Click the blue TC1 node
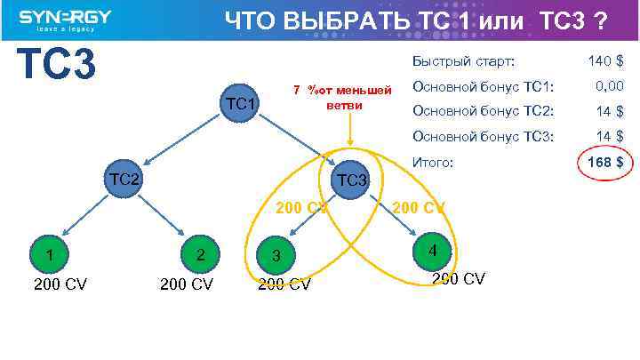(240, 105)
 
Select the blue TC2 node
(124, 180)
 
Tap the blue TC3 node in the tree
(349, 181)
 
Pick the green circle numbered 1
(51, 256)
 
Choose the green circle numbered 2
(202, 256)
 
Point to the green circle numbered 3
(277, 256)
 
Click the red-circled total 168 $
(605, 163)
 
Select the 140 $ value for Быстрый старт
(605, 61)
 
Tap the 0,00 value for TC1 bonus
(608, 86)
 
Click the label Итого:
(433, 163)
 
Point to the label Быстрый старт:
(463, 61)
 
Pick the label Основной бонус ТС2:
(483, 111)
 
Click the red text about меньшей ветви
(343, 98)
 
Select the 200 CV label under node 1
(60, 285)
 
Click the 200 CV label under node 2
(186, 285)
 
